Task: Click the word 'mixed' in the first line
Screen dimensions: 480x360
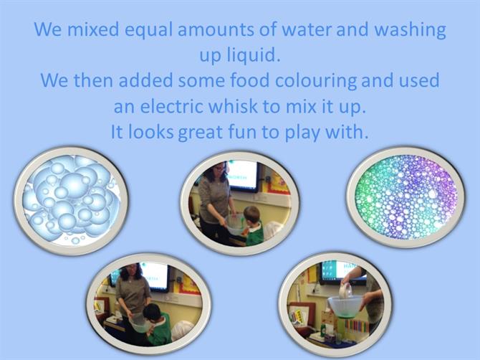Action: [x=92, y=29]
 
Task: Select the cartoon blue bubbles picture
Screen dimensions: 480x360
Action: [x=71, y=201]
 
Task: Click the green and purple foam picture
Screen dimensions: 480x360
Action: [x=406, y=197]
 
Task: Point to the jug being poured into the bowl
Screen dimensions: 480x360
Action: [x=346, y=290]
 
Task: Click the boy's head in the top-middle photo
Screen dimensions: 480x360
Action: [x=252, y=215]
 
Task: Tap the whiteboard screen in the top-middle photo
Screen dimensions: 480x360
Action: [x=242, y=175]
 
